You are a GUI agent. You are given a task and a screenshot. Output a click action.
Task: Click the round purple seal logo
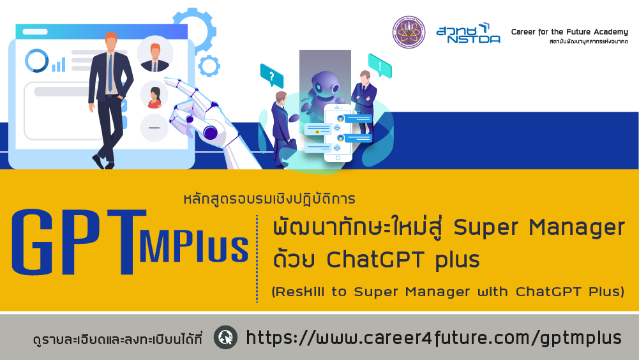coord(409,32)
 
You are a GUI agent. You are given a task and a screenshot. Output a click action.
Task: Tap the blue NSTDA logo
coord(469,33)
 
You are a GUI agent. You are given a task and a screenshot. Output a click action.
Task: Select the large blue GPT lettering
coord(79,242)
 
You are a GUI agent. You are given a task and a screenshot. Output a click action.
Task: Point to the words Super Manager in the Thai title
coord(539,227)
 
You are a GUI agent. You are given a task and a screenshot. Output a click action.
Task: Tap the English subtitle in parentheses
coord(448,292)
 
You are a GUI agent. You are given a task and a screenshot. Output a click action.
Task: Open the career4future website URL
coord(434,338)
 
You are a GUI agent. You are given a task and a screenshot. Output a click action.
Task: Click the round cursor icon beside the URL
coord(226,338)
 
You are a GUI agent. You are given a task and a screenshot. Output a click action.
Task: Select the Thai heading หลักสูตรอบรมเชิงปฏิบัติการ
coord(269,199)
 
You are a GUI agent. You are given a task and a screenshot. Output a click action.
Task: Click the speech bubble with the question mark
coord(272,75)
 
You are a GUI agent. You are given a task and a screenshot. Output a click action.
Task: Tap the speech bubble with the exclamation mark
coord(380,66)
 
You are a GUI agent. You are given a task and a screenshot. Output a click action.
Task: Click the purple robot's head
coord(325,83)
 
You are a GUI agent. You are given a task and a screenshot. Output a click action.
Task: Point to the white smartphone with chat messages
coord(338,133)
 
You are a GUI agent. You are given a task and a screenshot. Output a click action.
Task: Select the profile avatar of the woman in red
coord(154,95)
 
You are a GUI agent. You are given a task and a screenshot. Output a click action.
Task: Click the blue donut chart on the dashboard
coord(36,61)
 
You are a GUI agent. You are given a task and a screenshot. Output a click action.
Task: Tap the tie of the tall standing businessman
coord(110,73)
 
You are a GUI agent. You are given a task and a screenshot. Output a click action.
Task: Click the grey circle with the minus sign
coord(154,128)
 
